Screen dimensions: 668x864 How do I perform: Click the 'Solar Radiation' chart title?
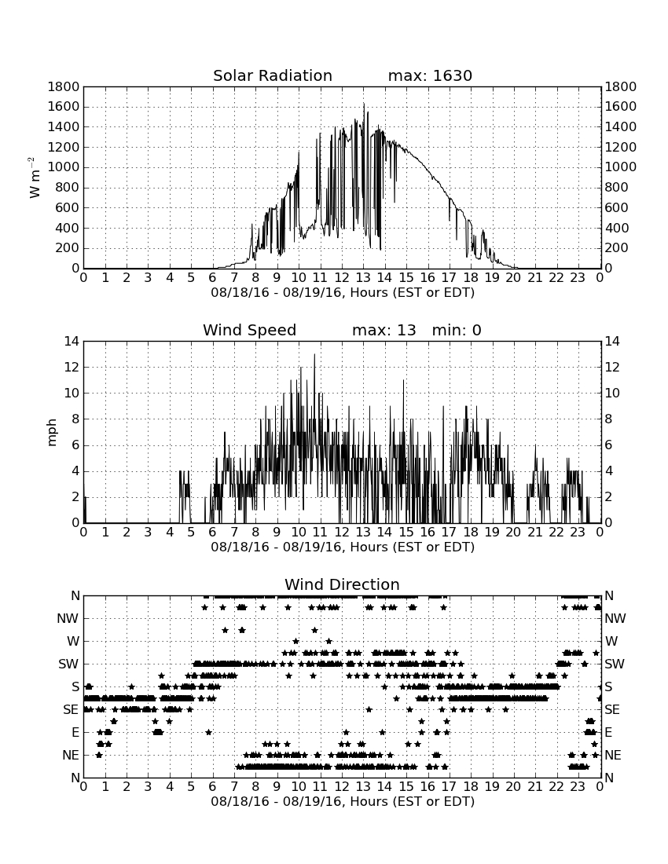(272, 75)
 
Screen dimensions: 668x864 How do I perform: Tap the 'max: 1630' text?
(430, 75)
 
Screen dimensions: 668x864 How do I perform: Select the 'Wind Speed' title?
(250, 330)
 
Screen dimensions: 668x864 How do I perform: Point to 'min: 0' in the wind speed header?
(457, 330)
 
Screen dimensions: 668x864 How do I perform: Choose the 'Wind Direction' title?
(342, 584)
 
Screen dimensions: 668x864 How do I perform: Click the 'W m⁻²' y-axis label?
(34, 178)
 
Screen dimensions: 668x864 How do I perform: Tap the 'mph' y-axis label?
(52, 433)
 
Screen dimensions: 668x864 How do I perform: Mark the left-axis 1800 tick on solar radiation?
(64, 86)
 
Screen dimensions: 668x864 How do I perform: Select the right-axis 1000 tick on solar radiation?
(621, 167)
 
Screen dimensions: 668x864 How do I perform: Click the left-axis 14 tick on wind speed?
(72, 342)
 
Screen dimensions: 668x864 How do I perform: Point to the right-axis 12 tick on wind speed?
(612, 368)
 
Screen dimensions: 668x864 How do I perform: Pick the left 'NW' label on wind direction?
(68, 619)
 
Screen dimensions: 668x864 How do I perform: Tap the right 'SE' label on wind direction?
(612, 710)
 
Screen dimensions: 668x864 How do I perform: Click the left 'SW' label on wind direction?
(68, 664)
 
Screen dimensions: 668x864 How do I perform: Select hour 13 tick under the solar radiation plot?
(363, 277)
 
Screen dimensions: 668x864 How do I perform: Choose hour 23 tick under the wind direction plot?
(578, 786)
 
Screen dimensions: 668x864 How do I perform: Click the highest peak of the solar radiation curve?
(364, 104)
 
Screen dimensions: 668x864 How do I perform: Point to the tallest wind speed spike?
(314, 354)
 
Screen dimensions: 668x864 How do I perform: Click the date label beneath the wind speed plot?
(343, 547)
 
